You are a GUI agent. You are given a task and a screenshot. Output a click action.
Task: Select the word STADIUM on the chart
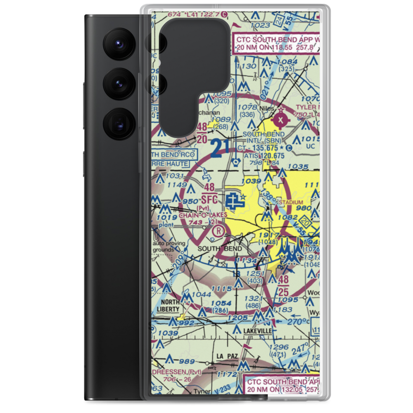pos(291,202)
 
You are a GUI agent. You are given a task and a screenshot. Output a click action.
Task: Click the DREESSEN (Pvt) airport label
pos(177,372)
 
